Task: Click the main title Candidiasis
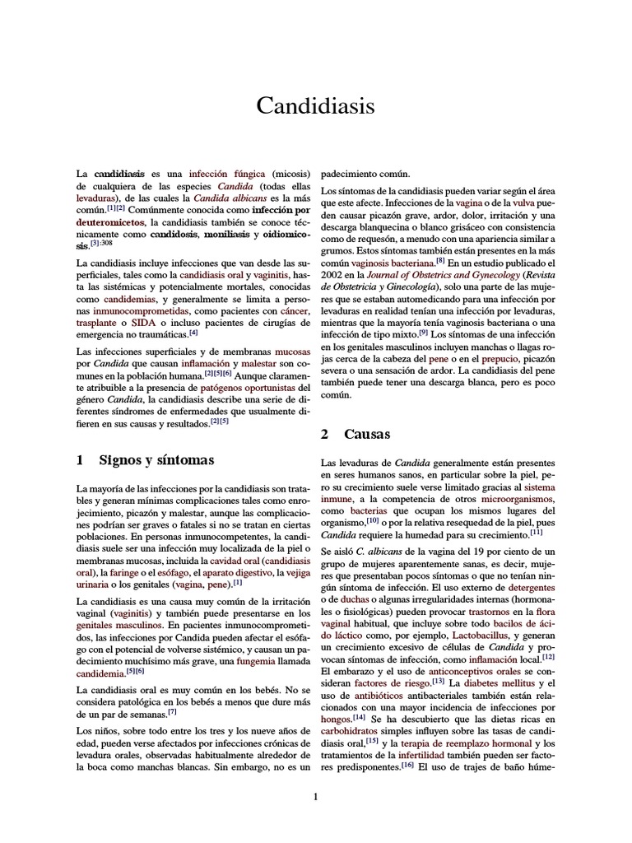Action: (316, 107)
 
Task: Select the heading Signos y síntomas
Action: (156, 460)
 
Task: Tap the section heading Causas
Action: (367, 434)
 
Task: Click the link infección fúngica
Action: (227, 175)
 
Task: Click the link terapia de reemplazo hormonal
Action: (463, 742)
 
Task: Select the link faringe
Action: (122, 572)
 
